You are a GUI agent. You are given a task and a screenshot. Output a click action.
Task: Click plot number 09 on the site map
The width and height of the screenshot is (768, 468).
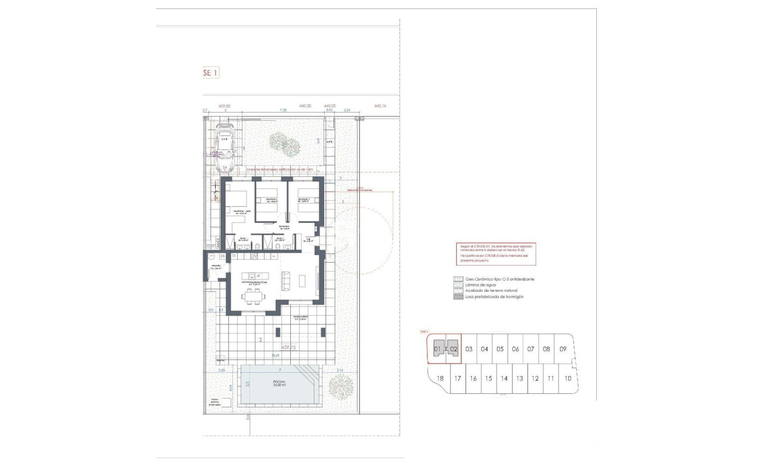tap(562, 349)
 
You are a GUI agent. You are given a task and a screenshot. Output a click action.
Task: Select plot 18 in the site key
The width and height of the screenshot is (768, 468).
tap(440, 378)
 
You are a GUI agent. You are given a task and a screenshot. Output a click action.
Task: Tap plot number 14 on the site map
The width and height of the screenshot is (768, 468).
tap(503, 378)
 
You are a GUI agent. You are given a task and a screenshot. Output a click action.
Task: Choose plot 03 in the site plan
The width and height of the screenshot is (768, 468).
tap(469, 349)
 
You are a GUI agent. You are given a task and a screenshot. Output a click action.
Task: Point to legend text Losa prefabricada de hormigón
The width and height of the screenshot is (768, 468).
tap(495, 297)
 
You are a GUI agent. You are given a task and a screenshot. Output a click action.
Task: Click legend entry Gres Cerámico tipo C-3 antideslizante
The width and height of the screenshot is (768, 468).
tap(500, 279)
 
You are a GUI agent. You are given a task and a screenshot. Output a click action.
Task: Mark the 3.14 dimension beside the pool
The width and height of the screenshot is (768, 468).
tap(340, 370)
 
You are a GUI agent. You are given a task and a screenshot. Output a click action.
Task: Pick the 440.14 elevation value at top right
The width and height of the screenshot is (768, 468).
tap(380, 106)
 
